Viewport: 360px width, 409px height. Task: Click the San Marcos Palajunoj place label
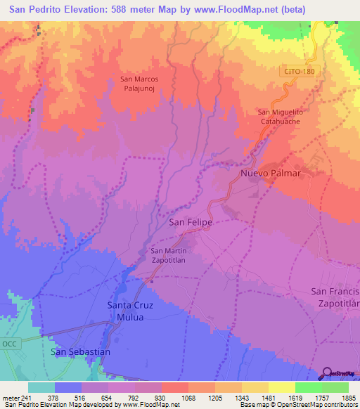(x=139, y=84)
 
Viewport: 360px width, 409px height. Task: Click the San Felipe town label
(x=191, y=221)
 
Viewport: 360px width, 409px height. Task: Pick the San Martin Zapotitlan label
(x=169, y=256)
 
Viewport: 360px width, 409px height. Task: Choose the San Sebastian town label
(x=81, y=351)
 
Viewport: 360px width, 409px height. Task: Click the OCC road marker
(x=8, y=344)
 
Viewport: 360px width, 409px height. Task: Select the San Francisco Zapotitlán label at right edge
(x=335, y=297)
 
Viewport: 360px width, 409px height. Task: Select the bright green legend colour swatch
(x=308, y=387)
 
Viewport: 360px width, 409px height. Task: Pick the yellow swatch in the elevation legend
(x=281, y=387)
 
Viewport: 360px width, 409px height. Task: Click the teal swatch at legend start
(x=41, y=387)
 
